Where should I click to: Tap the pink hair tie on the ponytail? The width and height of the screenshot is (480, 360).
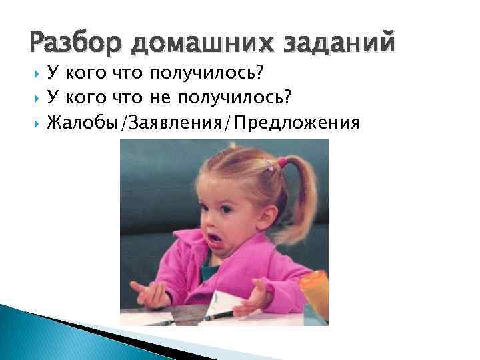283,162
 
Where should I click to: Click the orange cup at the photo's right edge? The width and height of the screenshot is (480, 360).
315,293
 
